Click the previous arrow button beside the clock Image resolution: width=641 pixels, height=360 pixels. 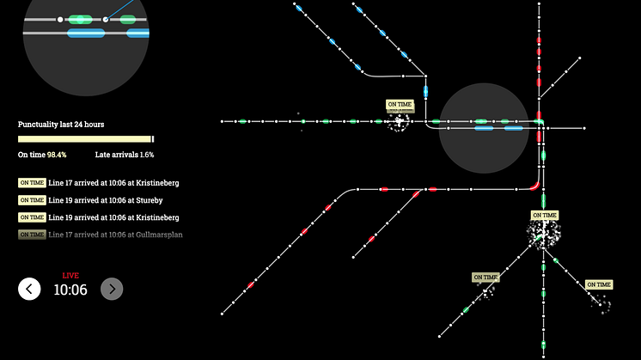(29, 289)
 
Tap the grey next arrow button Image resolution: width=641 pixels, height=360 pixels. (112, 289)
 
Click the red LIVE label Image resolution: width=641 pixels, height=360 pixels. (70, 276)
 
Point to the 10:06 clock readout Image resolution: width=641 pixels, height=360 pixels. (70, 290)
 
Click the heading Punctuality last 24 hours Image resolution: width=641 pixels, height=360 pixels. (61, 125)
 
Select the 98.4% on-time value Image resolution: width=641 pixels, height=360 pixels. (57, 155)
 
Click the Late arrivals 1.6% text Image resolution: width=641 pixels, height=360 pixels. (125, 155)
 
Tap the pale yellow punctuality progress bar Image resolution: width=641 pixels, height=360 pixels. (84, 139)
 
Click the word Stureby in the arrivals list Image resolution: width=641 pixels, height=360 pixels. (150, 200)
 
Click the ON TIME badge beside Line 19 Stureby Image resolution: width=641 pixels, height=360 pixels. (32, 200)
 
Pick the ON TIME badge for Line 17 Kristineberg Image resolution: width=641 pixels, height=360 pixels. (32, 183)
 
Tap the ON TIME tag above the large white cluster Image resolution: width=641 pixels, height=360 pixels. (545, 215)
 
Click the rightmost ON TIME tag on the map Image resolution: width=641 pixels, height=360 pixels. (599, 284)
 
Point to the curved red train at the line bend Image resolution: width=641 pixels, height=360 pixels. (535, 186)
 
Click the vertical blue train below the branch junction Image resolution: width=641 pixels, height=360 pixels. (425, 92)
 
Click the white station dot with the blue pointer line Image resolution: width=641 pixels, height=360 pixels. (106, 19)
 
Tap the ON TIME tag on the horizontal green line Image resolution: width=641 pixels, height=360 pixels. (400, 104)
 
